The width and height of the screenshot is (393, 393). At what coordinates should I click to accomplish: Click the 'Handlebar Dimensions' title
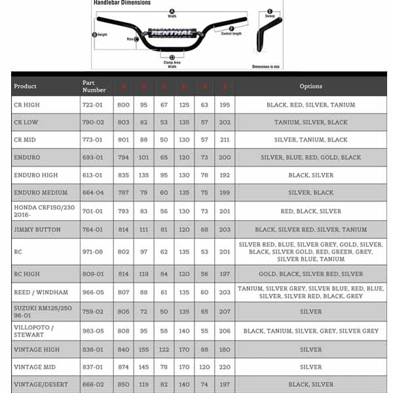click(x=122, y=3)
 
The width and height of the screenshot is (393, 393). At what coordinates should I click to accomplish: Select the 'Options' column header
click(x=310, y=86)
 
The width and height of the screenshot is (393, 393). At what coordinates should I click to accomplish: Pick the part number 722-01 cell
click(x=92, y=105)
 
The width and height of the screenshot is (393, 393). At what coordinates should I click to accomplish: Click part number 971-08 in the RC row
click(x=92, y=252)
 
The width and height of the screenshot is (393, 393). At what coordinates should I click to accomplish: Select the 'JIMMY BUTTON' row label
click(x=37, y=230)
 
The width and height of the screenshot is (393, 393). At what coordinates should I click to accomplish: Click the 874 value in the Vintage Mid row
click(x=123, y=367)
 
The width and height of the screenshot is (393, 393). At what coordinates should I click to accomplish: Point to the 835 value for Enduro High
click(x=123, y=176)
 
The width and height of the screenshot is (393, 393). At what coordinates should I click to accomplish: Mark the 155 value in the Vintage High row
click(x=143, y=350)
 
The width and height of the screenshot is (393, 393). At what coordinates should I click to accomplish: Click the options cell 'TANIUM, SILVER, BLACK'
click(x=310, y=122)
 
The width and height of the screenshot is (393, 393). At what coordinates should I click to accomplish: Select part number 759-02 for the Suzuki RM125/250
click(x=92, y=312)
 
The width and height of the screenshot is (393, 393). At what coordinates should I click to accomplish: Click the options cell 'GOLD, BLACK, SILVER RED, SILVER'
click(x=310, y=274)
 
